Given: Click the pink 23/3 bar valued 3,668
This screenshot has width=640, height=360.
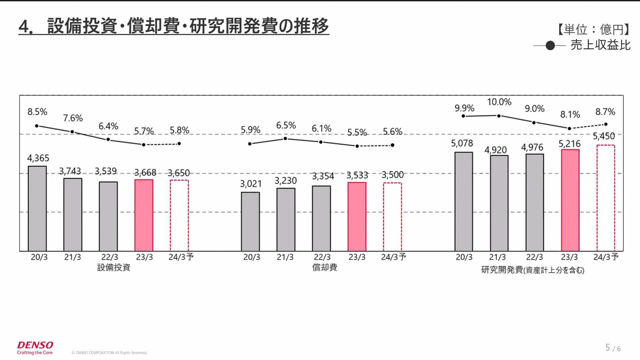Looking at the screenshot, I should coord(144,215).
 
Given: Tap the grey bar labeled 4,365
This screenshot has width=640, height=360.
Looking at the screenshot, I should coord(37,208).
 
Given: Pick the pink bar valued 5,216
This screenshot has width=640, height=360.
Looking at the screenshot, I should coord(570,200).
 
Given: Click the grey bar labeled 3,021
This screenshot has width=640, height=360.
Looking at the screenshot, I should coord(250,221).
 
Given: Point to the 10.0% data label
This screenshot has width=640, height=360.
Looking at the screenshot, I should coord(499,102).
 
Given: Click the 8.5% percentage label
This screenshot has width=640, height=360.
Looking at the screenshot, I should coord(37,112).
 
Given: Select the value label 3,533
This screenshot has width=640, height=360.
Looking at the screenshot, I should coord(357,175).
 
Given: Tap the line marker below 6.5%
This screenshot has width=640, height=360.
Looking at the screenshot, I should coord(285,139).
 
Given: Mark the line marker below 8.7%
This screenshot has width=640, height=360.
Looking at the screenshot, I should coord(606,124).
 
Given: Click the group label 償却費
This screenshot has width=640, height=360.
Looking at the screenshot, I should coord(324,267).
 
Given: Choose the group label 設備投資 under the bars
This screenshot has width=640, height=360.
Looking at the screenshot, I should coord(114,267).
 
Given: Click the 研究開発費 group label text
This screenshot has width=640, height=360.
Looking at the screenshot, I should coord(502,270).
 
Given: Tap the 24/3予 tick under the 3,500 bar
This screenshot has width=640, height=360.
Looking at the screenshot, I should coord(393,257).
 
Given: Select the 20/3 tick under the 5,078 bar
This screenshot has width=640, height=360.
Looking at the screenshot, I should coord(464,257).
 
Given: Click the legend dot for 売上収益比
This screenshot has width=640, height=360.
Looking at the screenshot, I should coord(550,46).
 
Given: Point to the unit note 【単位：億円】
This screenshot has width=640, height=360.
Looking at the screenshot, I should coord(594,29).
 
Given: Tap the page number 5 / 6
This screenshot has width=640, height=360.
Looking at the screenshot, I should coord(613,348).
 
